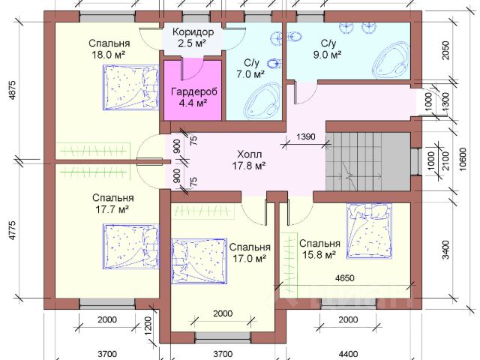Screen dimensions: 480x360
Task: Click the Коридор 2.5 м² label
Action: (193, 37)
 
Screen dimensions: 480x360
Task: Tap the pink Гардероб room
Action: (193, 90)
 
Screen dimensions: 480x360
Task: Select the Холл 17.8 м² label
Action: (248, 160)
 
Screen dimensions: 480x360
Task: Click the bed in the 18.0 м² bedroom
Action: (130, 87)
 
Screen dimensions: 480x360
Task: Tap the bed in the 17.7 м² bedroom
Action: (130, 247)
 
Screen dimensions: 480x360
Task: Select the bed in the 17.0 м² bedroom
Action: (199, 261)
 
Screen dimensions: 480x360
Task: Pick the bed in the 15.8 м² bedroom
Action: (369, 231)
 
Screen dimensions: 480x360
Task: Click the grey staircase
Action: (367, 162)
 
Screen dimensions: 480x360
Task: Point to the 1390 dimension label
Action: (306, 136)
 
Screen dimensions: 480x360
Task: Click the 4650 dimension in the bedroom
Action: (345, 278)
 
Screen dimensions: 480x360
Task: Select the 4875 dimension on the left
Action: (13, 90)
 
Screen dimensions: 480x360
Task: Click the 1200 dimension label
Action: (148, 325)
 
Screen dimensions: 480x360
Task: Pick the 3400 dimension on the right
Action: (446, 250)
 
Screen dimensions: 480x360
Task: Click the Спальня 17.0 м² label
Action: (250, 253)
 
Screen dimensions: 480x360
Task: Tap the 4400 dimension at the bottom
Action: (348, 354)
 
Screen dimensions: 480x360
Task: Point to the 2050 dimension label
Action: (446, 50)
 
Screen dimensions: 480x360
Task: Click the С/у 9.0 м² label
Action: (327, 49)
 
